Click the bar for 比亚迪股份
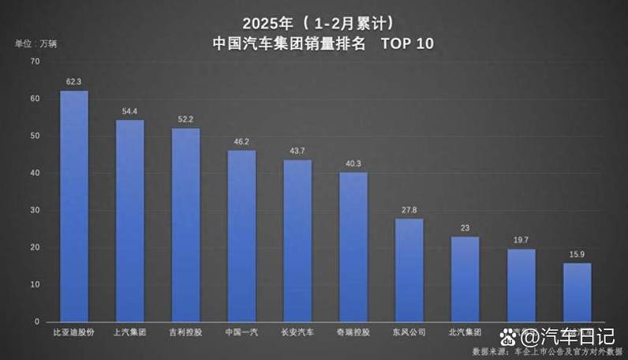(x=74, y=206)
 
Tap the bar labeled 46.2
(x=241, y=236)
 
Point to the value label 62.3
(x=74, y=81)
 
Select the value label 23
(x=465, y=228)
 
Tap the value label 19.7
(x=521, y=240)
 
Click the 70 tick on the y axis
(x=35, y=62)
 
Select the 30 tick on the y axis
(x=35, y=211)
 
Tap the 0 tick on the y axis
(x=36, y=322)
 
